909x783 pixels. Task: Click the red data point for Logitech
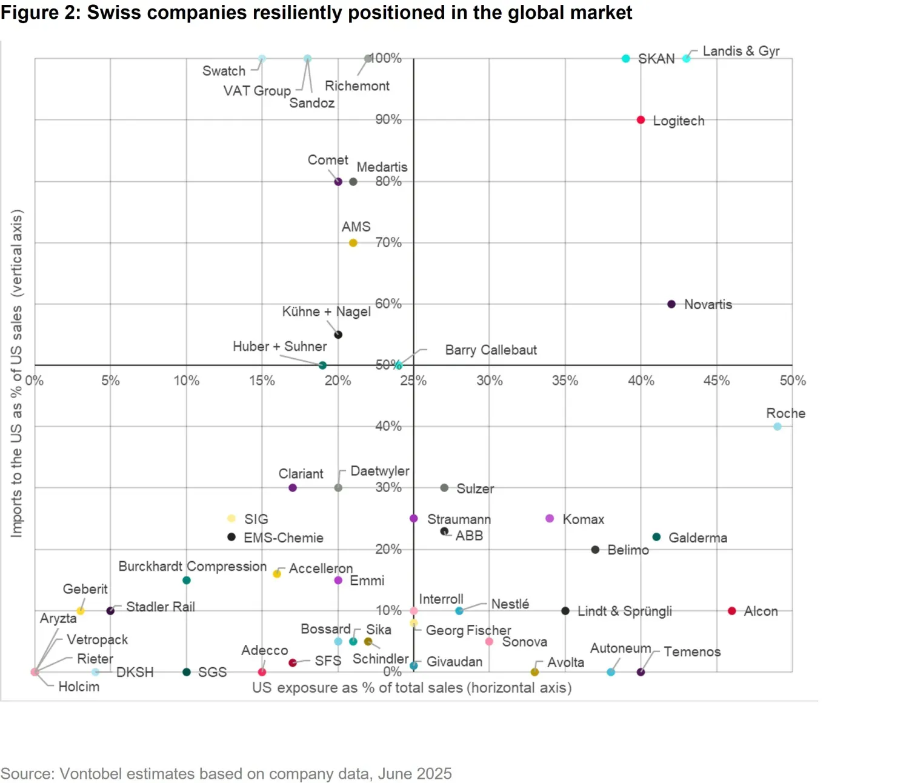(x=641, y=120)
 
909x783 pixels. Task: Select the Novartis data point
(x=671, y=304)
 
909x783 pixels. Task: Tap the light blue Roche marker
(x=777, y=427)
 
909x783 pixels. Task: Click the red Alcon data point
(x=731, y=611)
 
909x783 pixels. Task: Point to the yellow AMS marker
(x=353, y=243)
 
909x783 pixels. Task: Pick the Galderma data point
(x=656, y=537)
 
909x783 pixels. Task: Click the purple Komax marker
(x=550, y=518)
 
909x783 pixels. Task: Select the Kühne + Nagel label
(x=326, y=312)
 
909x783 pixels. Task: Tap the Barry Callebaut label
(x=491, y=350)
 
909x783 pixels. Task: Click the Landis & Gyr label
(x=741, y=51)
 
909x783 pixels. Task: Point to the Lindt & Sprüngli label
(x=624, y=611)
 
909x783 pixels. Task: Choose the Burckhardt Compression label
(x=192, y=566)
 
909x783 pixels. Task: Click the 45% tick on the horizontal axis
(x=716, y=381)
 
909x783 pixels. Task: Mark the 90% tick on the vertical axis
(x=388, y=119)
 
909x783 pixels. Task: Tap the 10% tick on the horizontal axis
(x=186, y=381)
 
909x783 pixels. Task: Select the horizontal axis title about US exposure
(x=411, y=688)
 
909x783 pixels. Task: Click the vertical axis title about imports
(x=16, y=373)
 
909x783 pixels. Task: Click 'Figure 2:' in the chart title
(x=41, y=12)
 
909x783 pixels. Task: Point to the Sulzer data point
(x=444, y=488)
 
